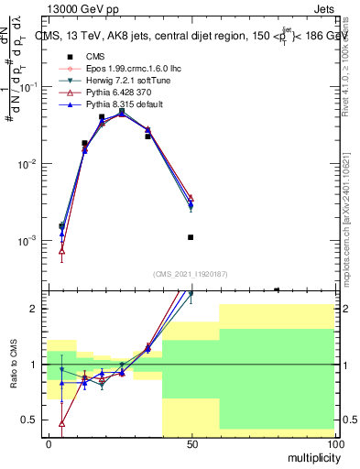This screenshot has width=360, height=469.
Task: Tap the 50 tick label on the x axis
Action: (x=191, y=444)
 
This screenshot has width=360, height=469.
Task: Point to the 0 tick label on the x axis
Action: (x=49, y=444)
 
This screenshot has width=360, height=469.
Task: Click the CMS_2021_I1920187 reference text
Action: (x=190, y=274)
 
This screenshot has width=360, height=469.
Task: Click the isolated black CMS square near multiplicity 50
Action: (x=191, y=237)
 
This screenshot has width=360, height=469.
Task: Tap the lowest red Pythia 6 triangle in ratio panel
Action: (x=61, y=423)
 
